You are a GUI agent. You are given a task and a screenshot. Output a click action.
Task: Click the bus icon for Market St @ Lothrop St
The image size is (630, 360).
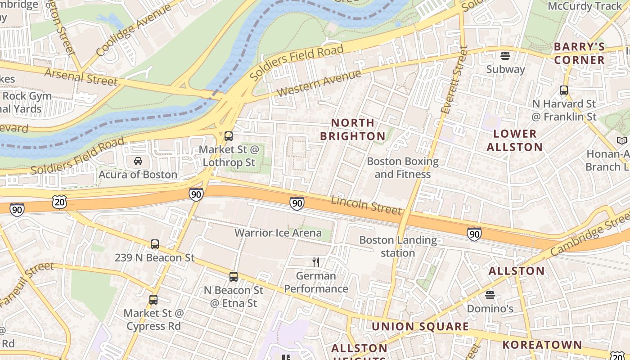click(x=229, y=136)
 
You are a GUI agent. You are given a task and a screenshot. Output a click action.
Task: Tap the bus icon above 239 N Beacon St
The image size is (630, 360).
click(x=155, y=244)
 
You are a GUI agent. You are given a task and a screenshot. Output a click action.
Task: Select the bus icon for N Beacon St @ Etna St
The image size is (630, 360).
click(x=233, y=277)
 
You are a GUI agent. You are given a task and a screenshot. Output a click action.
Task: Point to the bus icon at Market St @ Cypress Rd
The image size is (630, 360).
click(x=153, y=300)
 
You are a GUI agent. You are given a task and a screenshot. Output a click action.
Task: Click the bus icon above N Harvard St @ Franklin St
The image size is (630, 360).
click(x=564, y=90)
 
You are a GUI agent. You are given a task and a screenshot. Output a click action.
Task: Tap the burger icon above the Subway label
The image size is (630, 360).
click(x=505, y=56)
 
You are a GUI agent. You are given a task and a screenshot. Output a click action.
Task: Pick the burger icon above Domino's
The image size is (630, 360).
click(x=490, y=295)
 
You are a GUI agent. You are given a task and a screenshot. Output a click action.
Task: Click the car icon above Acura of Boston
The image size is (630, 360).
click(x=138, y=161)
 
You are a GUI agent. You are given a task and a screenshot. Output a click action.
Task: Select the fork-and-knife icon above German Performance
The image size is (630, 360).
click(x=316, y=262)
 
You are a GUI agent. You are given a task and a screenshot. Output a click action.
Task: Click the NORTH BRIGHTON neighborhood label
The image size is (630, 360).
click(x=353, y=129)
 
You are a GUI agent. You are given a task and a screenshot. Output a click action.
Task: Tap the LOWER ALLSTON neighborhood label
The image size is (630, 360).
click(x=515, y=140)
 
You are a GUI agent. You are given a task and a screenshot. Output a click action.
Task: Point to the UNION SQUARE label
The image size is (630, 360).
click(x=420, y=327)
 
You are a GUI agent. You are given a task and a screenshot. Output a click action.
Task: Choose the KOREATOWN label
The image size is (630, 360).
click(x=542, y=345)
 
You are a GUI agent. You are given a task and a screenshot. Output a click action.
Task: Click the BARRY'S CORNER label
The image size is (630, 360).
click(x=579, y=53)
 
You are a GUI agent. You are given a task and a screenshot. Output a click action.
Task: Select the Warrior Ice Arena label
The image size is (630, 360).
click(x=278, y=233)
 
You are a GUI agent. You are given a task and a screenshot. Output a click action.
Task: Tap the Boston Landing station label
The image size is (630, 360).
click(x=398, y=246)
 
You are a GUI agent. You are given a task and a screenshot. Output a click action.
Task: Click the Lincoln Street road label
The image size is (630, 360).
click(x=366, y=205)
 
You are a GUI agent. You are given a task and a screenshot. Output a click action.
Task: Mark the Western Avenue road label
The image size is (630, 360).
click(x=319, y=83)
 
